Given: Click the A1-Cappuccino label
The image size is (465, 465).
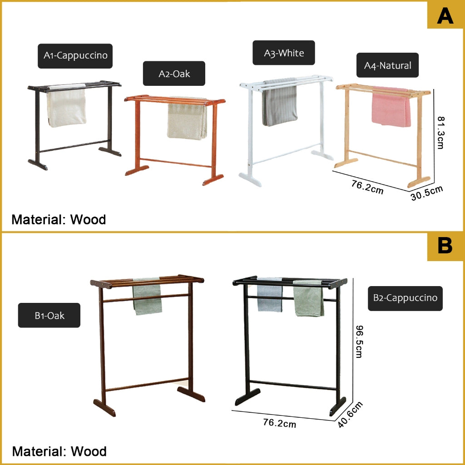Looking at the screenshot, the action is click(75, 56).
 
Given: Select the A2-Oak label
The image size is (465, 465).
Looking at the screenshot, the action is click(174, 74).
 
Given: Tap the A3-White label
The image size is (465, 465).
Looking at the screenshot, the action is click(284, 53).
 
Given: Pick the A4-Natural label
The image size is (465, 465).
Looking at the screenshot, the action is click(388, 65).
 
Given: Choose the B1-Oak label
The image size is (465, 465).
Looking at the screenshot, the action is click(49, 315).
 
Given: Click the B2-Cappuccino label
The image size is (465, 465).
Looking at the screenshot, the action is click(405, 298).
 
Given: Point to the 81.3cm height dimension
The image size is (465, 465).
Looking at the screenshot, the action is click(441, 133).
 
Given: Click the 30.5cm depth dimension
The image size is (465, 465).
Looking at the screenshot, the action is click(427, 193).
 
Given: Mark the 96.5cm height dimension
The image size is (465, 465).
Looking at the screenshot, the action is click(359, 341).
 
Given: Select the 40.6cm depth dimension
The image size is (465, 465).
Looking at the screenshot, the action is click(350, 414).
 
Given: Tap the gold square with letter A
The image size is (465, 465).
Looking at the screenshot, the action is click(445, 15).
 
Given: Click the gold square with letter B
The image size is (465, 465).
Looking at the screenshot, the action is click(445, 246).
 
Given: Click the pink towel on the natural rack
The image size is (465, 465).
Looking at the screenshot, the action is click(391, 107).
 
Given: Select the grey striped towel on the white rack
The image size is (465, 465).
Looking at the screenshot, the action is click(279, 102).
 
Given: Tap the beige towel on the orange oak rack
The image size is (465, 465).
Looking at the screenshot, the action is click(187, 119).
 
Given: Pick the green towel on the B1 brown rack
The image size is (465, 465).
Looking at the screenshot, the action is click(147, 297).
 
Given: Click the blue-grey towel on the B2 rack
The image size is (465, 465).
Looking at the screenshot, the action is click(270, 295).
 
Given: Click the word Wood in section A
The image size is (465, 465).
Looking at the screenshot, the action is click(88, 220).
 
